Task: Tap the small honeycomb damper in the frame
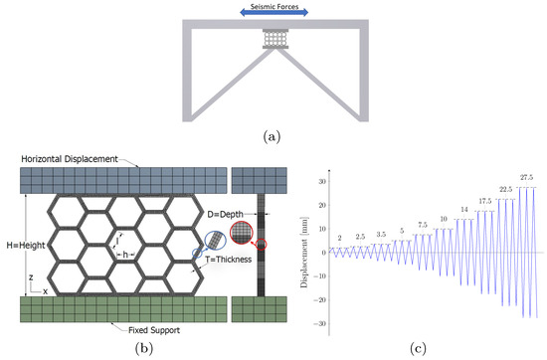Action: tap(273, 39)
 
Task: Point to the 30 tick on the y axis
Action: tap(320, 182)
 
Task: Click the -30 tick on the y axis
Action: tap(318, 324)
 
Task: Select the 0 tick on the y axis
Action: tap(322, 253)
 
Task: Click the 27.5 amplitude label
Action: tap(527, 176)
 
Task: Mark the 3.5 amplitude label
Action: tap(381, 235)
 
